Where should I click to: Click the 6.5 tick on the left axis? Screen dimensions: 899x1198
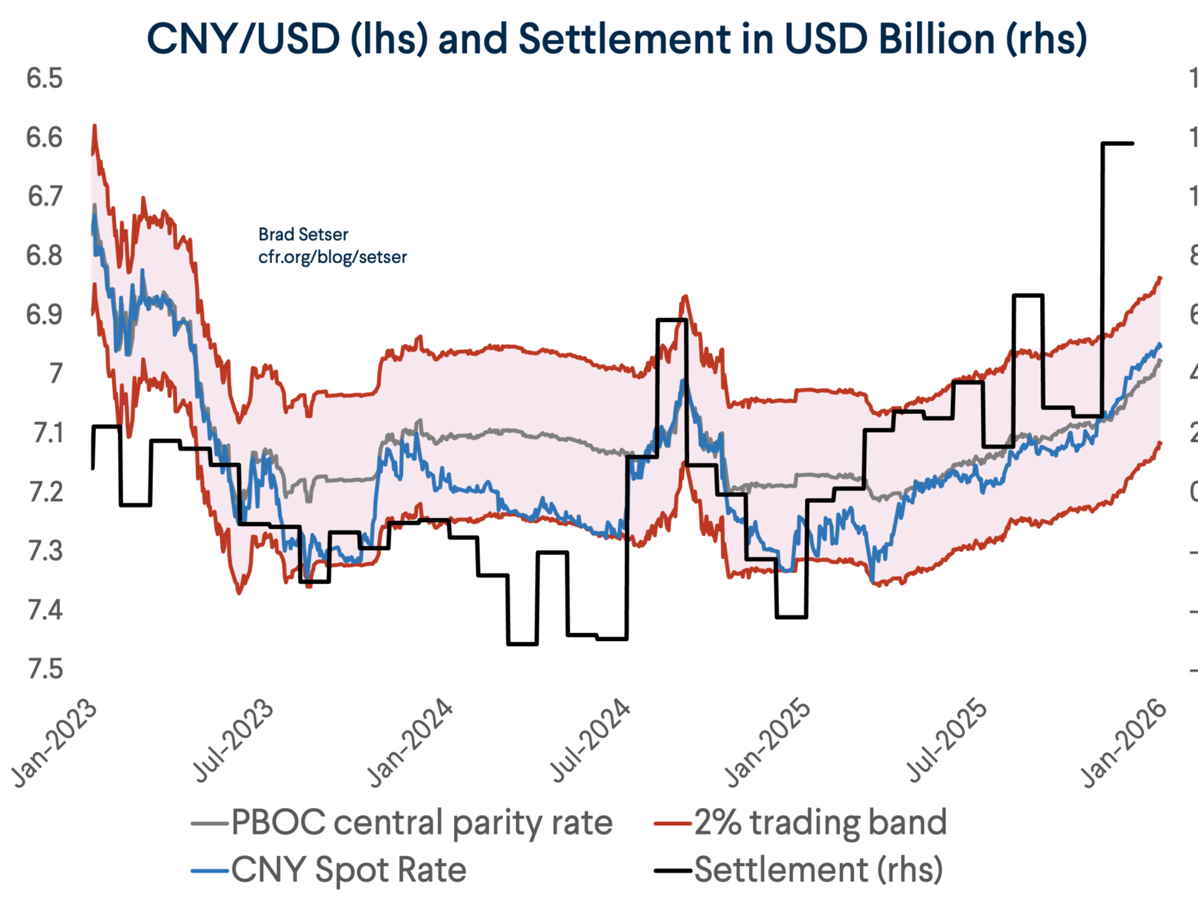click(x=44, y=79)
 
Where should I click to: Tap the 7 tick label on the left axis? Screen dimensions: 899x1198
click(x=56, y=374)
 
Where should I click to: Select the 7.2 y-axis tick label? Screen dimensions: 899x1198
click(x=46, y=492)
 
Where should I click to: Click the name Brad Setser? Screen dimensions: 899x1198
click(x=303, y=235)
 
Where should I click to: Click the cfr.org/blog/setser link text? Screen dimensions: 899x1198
click(x=333, y=257)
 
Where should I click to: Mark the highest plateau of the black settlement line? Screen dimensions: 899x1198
click(x=1118, y=144)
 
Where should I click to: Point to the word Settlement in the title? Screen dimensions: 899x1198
click(x=623, y=39)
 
